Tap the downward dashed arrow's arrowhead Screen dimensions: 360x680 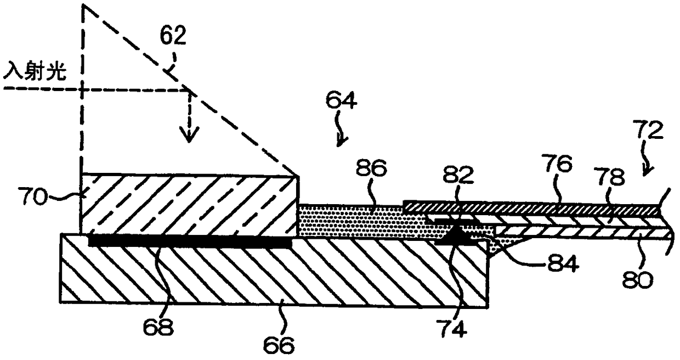[x=190, y=137]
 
